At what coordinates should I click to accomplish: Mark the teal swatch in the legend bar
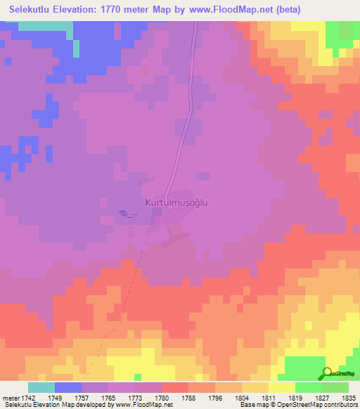[x=41, y=387]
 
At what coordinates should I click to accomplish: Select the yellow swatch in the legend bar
[x=281, y=387]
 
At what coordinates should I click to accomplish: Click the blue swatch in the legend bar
[x=68, y=387]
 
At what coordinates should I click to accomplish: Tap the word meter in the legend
[x=11, y=398]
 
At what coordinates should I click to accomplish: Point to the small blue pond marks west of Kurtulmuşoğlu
[x=125, y=214]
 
